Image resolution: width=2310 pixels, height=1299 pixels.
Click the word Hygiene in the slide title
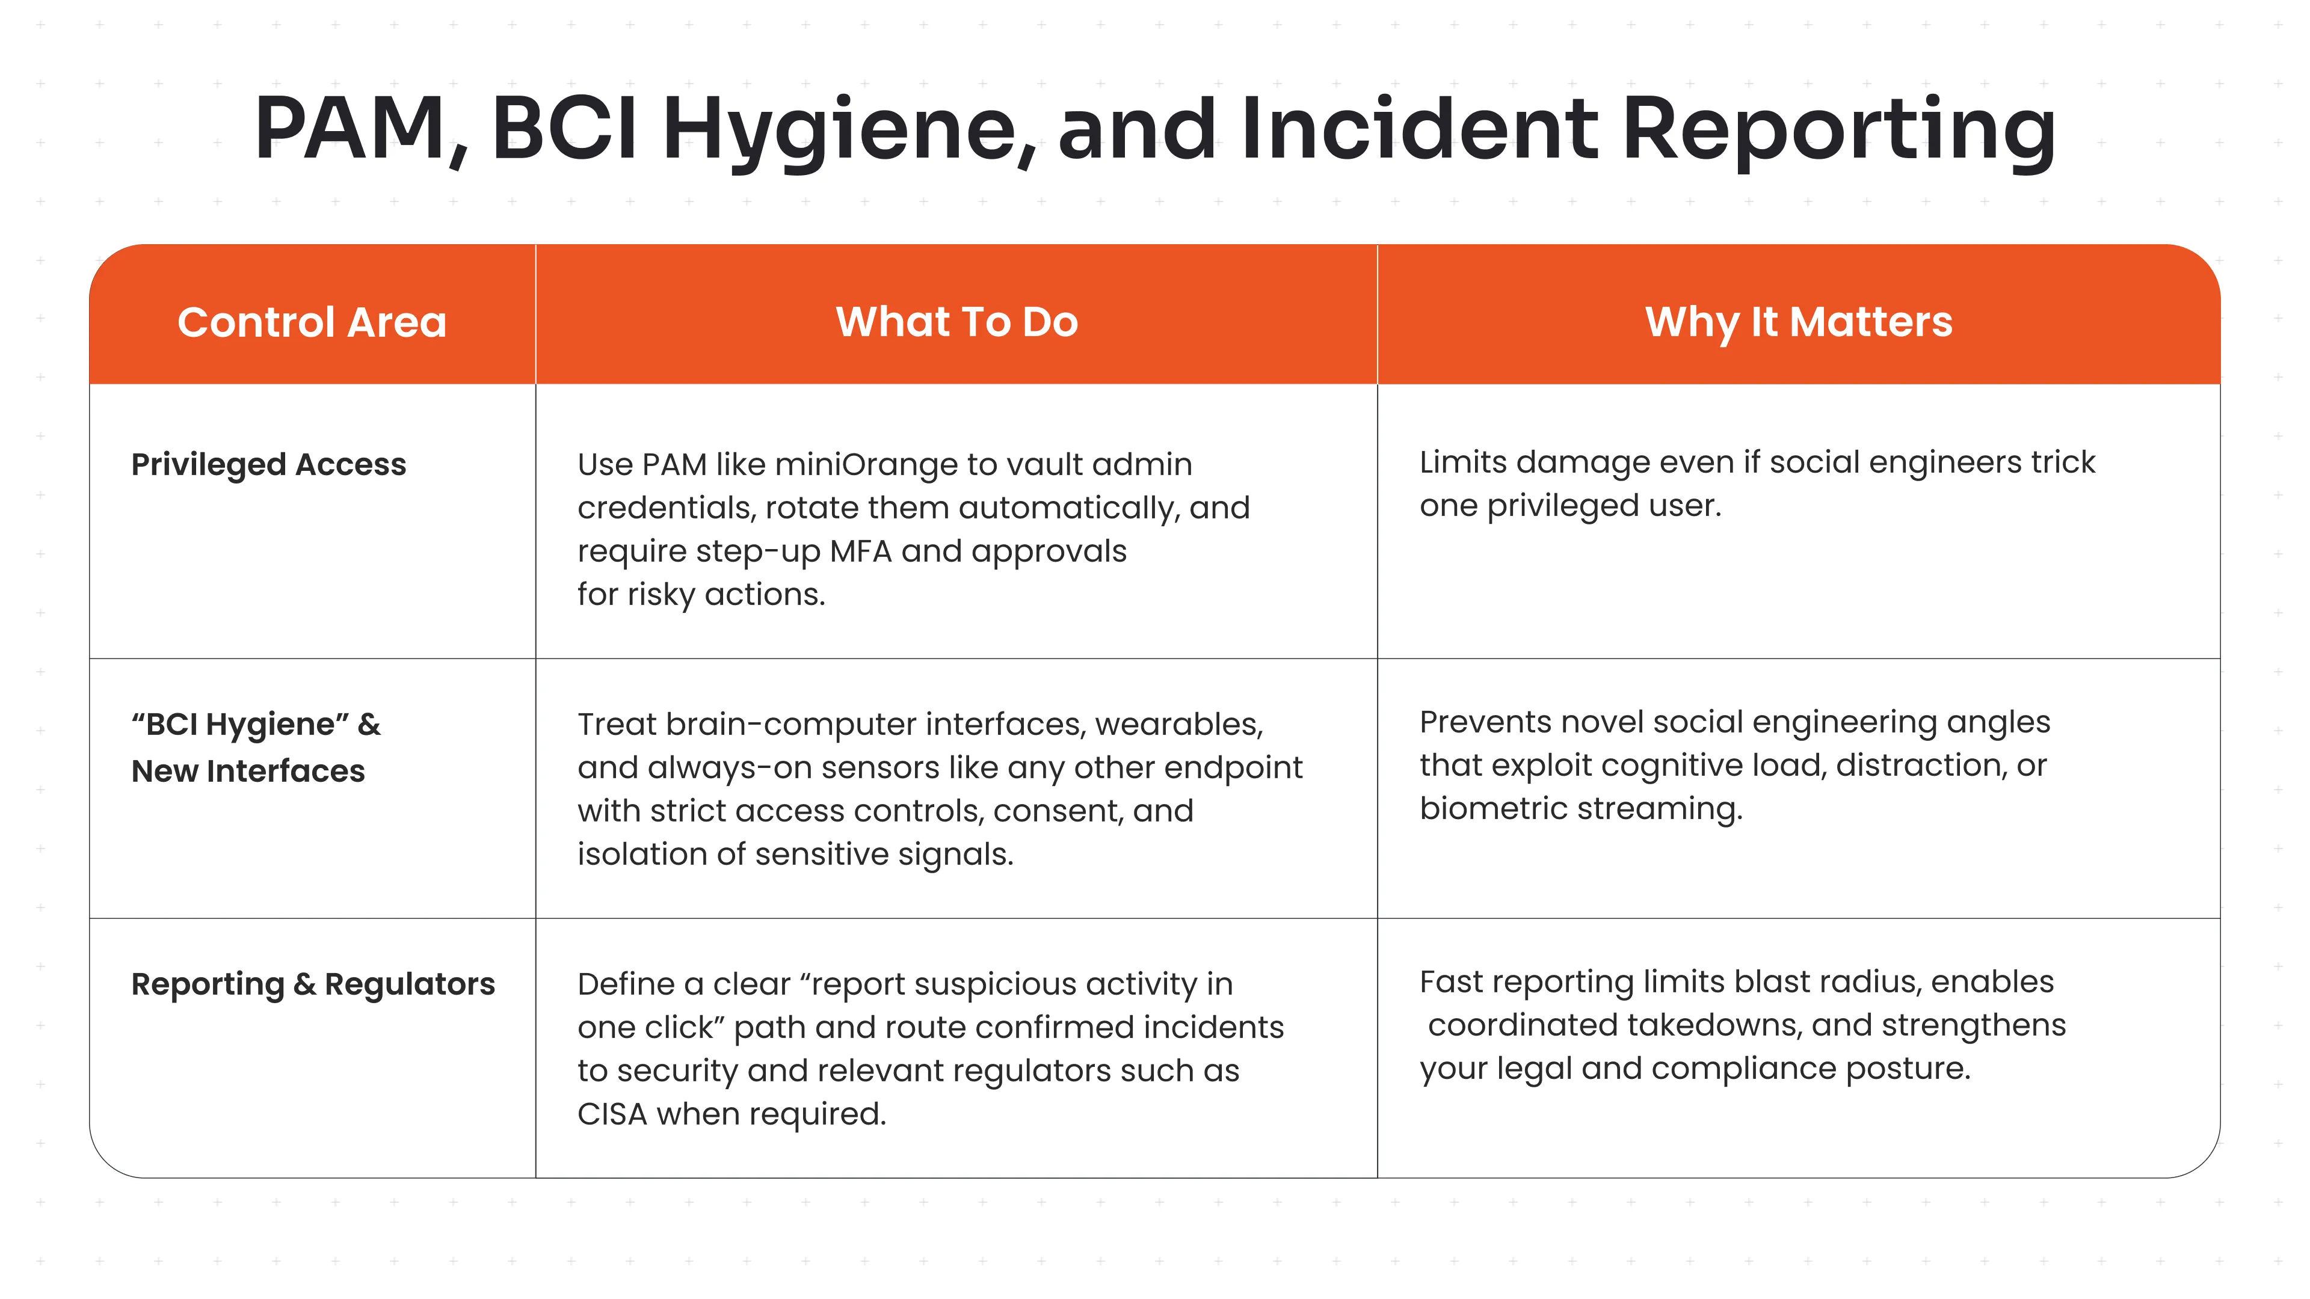848,130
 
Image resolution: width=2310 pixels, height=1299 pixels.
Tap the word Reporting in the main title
1838,130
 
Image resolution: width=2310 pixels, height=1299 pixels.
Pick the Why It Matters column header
1798,322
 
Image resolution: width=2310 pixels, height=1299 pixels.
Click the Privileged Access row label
268,464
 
